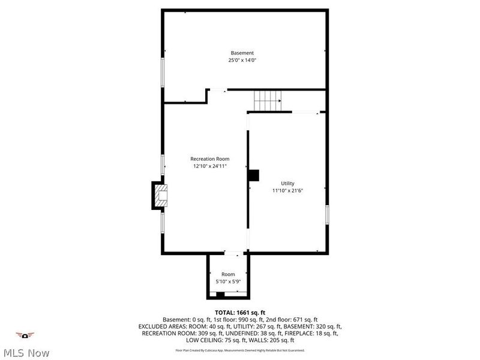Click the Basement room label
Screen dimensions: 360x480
[242, 53]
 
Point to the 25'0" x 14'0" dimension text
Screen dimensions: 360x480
[242, 60]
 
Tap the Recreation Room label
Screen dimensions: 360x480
[210, 159]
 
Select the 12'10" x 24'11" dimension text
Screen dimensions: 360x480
[210, 166]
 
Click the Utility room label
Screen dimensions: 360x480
[288, 183]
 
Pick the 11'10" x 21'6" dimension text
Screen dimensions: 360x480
[288, 190]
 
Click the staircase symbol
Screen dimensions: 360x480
[267, 101]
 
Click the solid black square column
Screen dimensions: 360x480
[254, 175]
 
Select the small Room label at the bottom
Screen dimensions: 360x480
[228, 274]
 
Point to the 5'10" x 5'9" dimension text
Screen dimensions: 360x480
[228, 281]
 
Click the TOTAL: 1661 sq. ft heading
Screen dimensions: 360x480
[240, 313]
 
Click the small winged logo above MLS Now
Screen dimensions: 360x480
[25, 335]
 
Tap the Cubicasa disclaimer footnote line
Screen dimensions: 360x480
[240, 350]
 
